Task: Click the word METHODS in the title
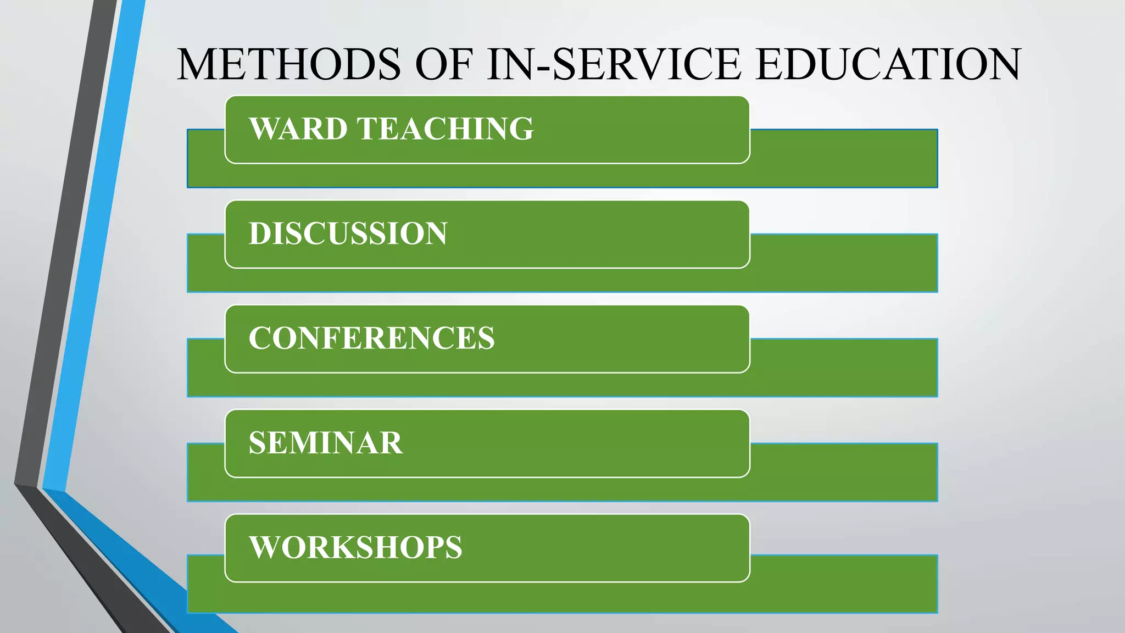[x=289, y=64]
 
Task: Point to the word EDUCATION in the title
[x=888, y=64]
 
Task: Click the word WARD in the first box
[x=298, y=129]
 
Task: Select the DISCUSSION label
[x=348, y=234]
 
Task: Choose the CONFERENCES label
[x=371, y=338]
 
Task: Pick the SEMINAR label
[x=326, y=443]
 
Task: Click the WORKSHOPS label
[x=355, y=547]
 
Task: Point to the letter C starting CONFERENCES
[x=260, y=338]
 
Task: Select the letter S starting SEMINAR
[x=257, y=443]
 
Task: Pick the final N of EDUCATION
[x=1001, y=64]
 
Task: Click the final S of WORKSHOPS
[x=454, y=547]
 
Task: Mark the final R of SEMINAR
[x=391, y=443]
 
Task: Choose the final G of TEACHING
[x=520, y=129]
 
